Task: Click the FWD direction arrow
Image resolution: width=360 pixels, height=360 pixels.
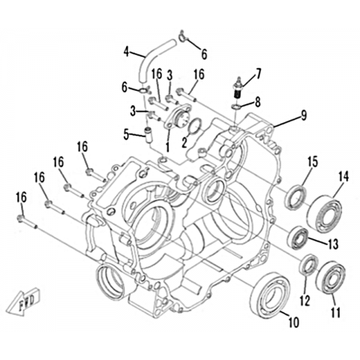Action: point(23,301)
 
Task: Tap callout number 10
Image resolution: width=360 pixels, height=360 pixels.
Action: point(294,322)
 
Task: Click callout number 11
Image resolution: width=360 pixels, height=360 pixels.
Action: point(335,312)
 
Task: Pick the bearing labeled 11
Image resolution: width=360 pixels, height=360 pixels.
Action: point(331,277)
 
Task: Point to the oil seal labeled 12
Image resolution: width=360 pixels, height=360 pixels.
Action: point(309,264)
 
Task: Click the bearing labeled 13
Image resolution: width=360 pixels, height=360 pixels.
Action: point(298,238)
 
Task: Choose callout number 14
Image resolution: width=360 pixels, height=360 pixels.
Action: point(343,177)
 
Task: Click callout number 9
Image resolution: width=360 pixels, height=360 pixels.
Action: point(304,115)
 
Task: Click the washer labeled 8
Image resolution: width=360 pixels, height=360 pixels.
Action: point(237,107)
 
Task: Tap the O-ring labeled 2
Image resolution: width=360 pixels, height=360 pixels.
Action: point(196,126)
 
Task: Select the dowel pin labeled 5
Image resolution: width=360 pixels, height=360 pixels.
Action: point(149,135)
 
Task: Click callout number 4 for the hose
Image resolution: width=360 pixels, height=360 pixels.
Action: point(127,52)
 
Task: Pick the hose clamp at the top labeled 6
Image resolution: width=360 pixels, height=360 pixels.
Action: point(183,37)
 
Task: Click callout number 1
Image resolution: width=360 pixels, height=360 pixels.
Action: point(167,146)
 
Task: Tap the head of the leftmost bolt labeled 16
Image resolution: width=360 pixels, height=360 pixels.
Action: point(20,218)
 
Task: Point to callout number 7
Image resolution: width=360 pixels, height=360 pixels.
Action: point(258,74)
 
